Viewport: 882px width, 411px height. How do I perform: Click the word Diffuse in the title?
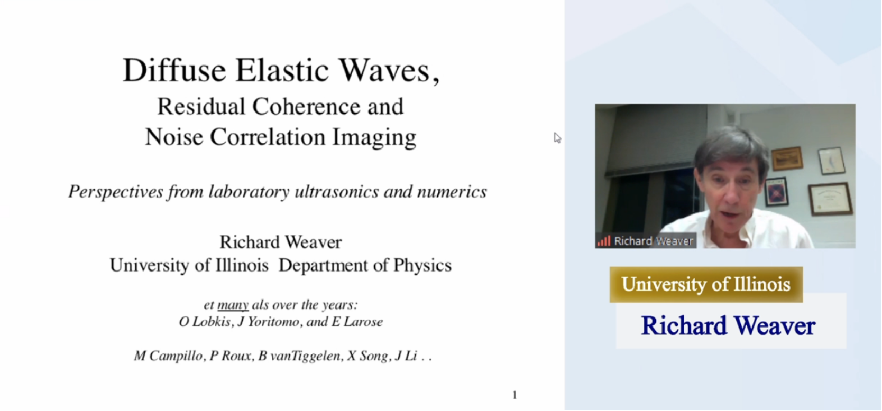pyautogui.click(x=174, y=70)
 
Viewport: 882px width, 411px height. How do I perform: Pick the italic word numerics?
pyautogui.click(x=452, y=192)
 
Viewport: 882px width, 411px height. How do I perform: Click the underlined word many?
pyautogui.click(x=233, y=305)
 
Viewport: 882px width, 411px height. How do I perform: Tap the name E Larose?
pyautogui.click(x=357, y=322)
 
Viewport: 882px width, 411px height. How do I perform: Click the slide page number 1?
pyautogui.click(x=514, y=395)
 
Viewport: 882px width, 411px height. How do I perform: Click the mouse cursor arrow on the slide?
pyautogui.click(x=557, y=138)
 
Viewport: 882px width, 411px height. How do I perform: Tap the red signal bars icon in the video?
pyautogui.click(x=604, y=241)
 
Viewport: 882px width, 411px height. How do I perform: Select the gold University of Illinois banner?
pyautogui.click(x=706, y=284)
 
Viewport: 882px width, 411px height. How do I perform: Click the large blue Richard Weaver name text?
pyautogui.click(x=728, y=325)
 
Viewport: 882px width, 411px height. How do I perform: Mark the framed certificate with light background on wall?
pyautogui.click(x=830, y=199)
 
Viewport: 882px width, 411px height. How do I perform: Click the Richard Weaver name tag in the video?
pyautogui.click(x=646, y=241)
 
